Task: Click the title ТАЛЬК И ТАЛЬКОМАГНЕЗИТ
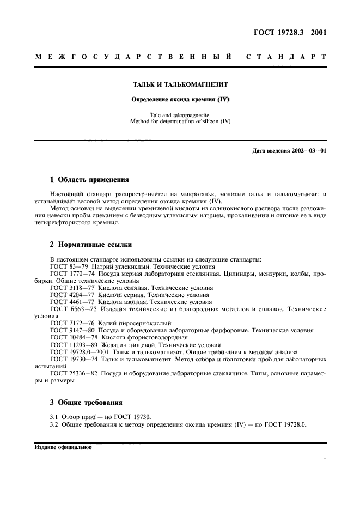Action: point(180,85)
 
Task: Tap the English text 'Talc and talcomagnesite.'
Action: point(180,114)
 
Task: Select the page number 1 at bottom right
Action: point(325,458)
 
